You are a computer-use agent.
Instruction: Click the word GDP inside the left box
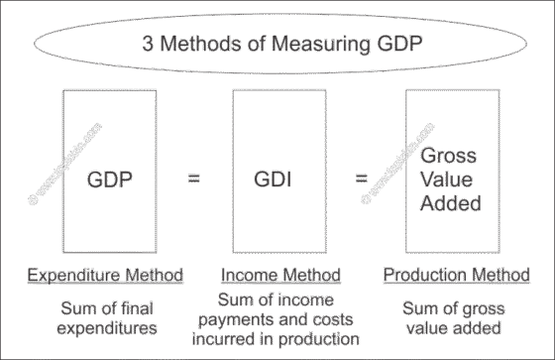point(111,180)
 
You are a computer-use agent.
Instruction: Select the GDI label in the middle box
point(277,180)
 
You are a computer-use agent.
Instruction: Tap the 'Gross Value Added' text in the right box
point(450,180)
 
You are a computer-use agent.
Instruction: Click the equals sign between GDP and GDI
point(194,179)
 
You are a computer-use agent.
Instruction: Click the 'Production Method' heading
point(455,274)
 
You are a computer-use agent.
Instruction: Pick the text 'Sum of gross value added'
point(455,316)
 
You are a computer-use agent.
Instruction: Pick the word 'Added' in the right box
point(451,203)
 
